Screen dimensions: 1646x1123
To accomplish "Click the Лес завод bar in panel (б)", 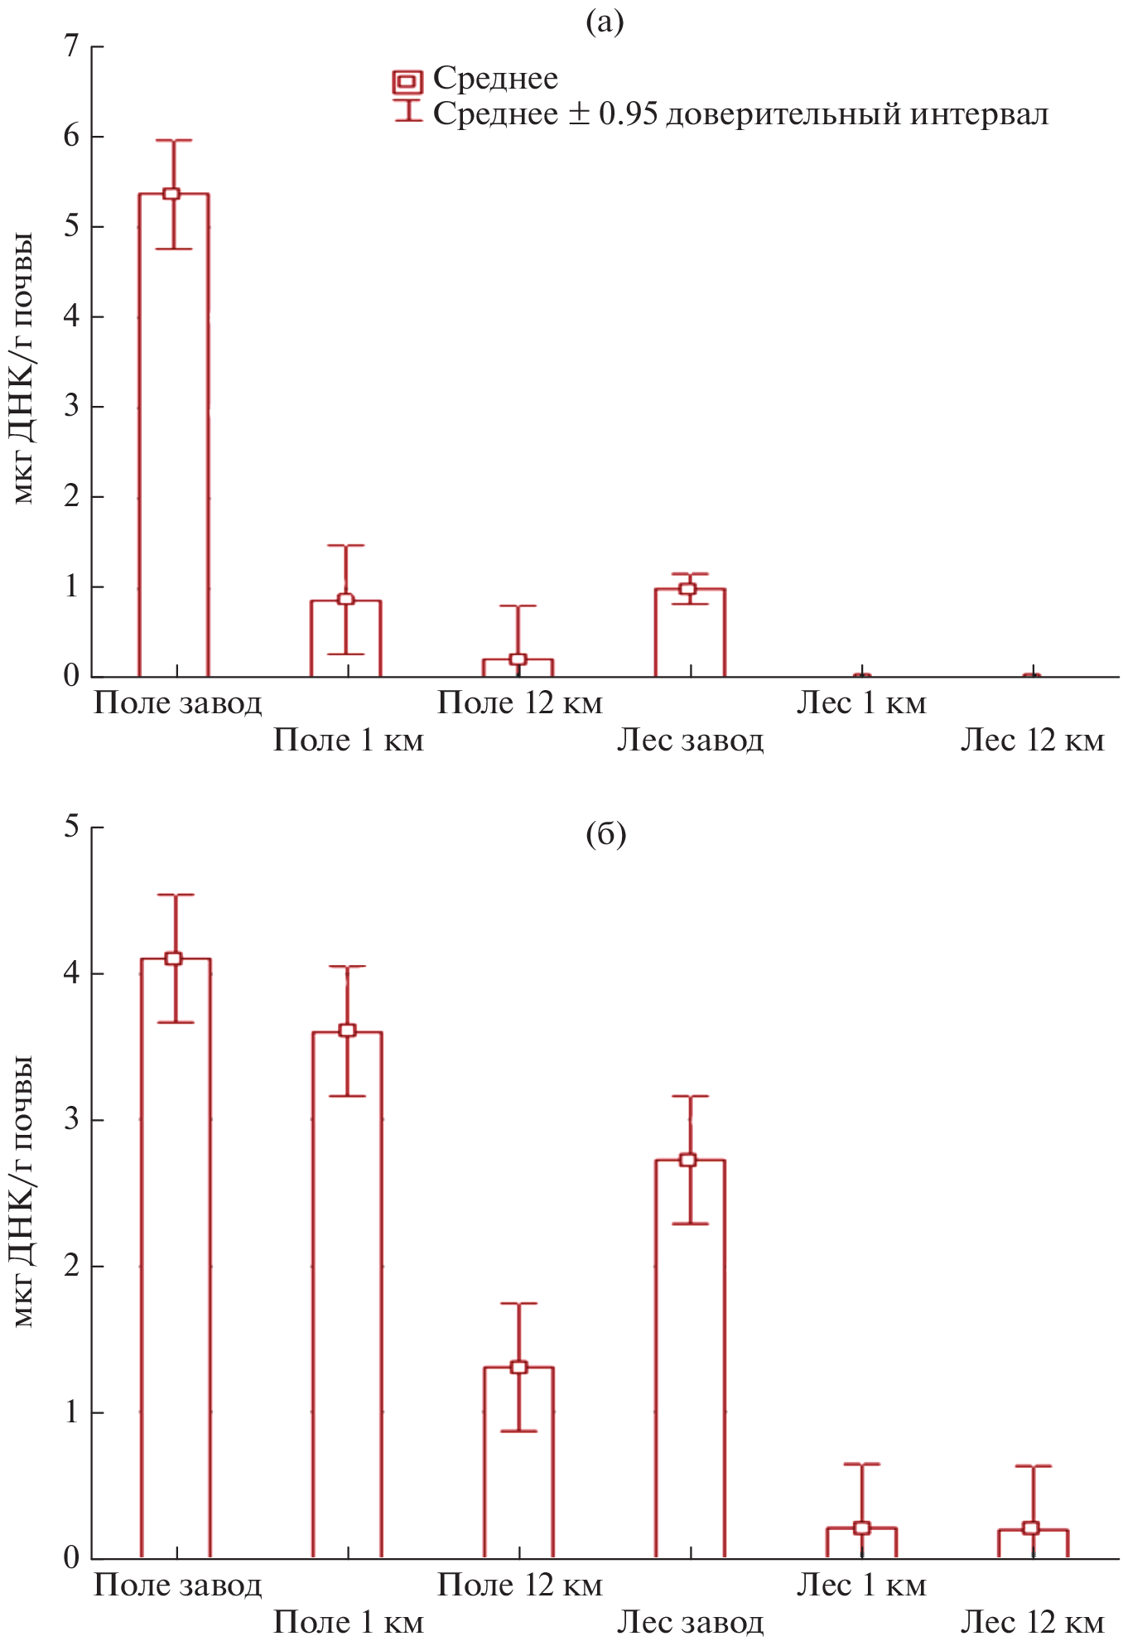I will tap(690, 1359).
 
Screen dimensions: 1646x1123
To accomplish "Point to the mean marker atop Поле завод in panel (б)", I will tap(173, 958).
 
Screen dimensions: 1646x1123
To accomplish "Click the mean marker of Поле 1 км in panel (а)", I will tap(346, 599).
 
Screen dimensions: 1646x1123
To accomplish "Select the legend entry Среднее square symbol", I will tap(407, 81).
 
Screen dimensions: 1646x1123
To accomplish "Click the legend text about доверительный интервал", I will tap(740, 114).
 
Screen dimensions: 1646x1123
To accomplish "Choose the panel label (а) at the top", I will tap(605, 22).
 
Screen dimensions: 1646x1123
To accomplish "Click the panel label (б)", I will tap(605, 834).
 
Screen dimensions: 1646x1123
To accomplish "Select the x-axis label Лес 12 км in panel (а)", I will tap(1032, 740).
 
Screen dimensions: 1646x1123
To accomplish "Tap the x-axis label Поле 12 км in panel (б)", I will tap(519, 1584).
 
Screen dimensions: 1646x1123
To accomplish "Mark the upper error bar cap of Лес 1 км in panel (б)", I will tap(861, 1465).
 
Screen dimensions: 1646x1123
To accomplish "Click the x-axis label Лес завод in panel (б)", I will tap(690, 1621).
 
